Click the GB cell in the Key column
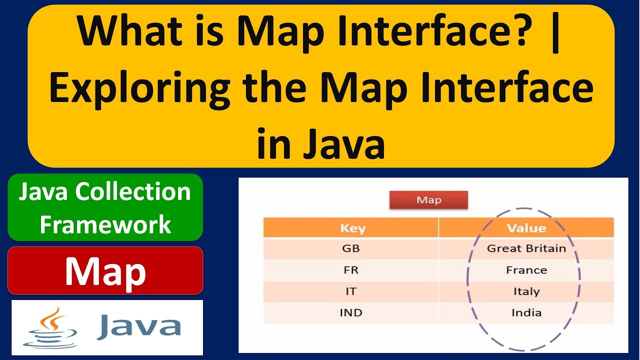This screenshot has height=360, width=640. pos(350,248)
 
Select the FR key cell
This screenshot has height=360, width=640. pos(350,270)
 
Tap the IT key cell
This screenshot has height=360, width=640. pos(350,291)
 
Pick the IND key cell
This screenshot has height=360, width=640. pos(350,313)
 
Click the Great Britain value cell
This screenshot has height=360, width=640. pos(526,248)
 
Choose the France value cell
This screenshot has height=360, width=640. pos(526,270)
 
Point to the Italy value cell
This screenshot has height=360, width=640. pos(526,291)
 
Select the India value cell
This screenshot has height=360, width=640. pos(526,313)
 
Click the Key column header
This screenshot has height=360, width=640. pos(352,228)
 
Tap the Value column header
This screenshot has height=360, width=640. pos(526,228)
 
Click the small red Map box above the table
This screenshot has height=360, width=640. pos(428,200)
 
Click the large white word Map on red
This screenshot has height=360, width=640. pos(105,271)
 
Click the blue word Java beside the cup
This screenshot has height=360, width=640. pos(138,326)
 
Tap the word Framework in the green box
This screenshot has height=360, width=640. pos(105,224)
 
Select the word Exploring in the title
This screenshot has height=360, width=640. pos(140,88)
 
